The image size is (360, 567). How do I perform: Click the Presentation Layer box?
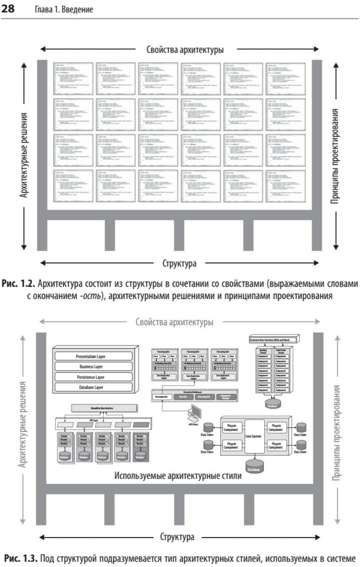[94, 356]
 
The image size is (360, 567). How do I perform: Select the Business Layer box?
[94, 367]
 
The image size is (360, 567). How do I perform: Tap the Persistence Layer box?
[94, 377]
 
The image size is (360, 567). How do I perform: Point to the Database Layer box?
[94, 387]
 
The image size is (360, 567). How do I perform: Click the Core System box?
[254, 437]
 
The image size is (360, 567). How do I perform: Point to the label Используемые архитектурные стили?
[177, 476]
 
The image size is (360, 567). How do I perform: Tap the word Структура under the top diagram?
[179, 263]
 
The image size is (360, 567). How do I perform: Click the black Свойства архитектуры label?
[185, 50]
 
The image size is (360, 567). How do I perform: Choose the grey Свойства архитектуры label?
[175, 322]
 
